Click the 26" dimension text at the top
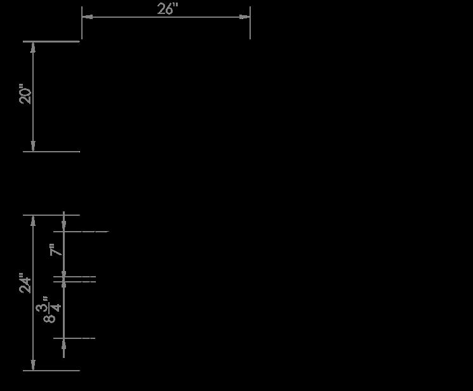pos(168,8)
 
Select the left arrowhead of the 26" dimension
pos(86,17)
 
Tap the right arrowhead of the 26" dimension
pos(245,17)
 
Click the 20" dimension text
pos(25,96)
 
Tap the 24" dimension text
pos(25,283)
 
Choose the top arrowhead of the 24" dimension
pos(33,220)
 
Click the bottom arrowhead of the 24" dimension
pos(33,366)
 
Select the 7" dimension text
pos(57,250)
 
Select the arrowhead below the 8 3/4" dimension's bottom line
pos(64,343)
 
